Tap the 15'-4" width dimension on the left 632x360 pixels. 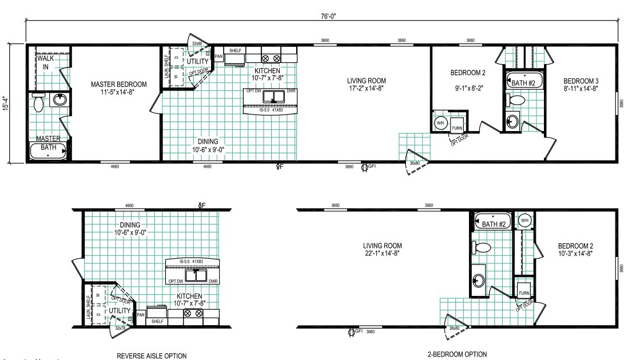[7, 103]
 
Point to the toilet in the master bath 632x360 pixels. [39, 104]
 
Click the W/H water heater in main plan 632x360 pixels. [440, 122]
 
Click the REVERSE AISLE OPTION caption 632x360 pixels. [151, 355]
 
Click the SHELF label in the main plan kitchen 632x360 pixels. [235, 51]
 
